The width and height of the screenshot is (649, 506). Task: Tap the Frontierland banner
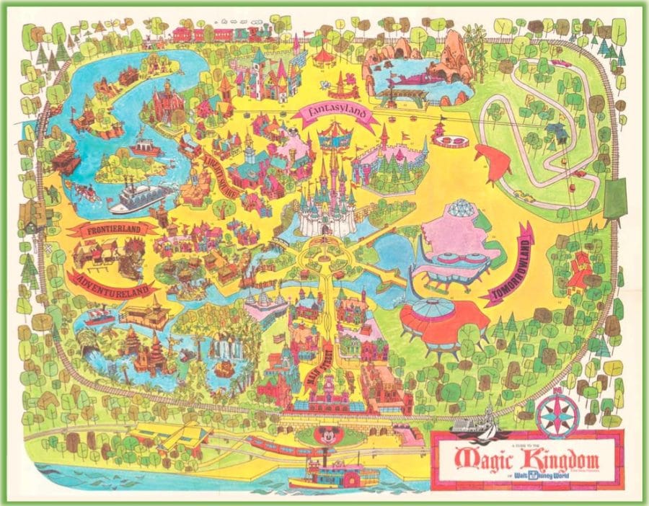[112, 230]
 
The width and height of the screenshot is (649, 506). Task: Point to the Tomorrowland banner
[509, 264]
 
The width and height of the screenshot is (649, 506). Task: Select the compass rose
[555, 414]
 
